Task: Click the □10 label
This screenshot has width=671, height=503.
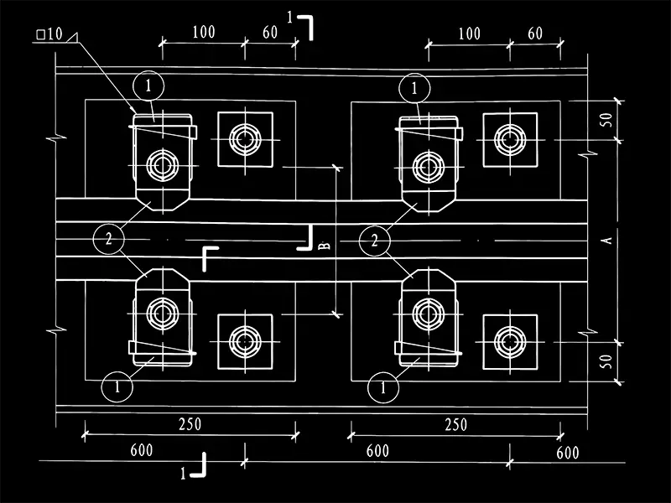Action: point(49,34)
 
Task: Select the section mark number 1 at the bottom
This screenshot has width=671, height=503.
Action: point(184,473)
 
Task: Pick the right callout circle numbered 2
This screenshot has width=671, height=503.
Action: point(375,241)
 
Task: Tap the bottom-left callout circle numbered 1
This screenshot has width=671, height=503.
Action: point(117,387)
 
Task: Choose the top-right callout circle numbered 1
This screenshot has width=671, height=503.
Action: point(414,86)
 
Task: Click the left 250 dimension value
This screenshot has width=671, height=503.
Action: point(190,424)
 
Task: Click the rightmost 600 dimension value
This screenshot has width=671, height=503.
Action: point(568,453)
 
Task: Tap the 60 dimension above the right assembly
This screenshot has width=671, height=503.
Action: point(536,34)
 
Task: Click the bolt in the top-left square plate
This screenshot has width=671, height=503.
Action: point(246,138)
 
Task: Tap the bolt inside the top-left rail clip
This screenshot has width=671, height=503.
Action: point(161,164)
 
